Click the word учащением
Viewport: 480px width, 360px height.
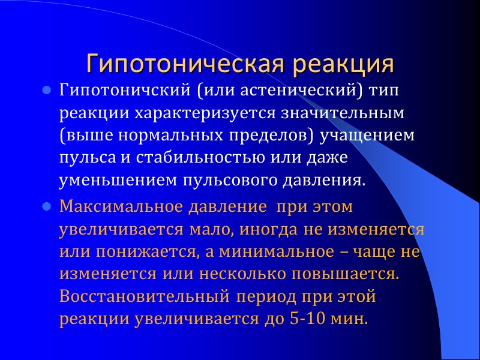[x=367, y=136]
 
